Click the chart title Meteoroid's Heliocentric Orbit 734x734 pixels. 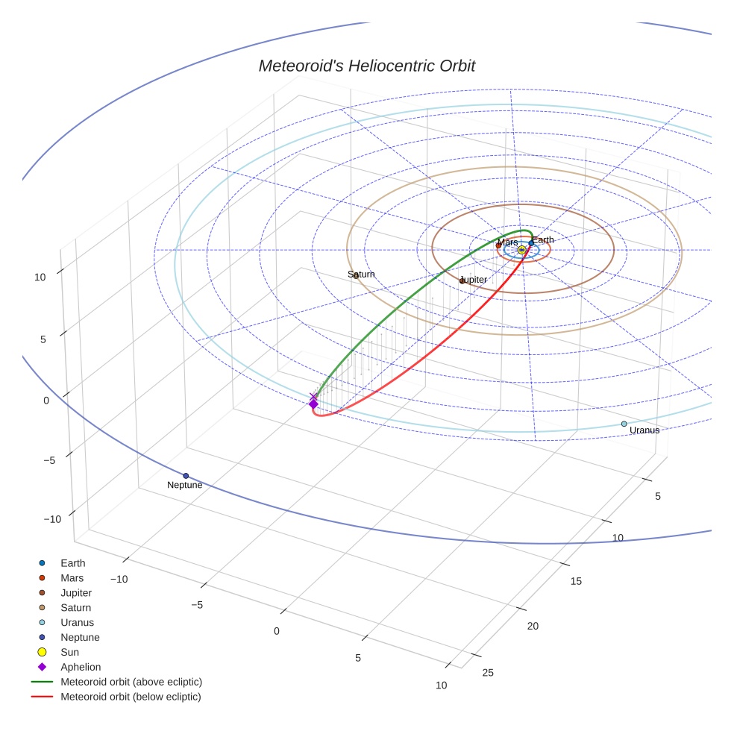coord(366,66)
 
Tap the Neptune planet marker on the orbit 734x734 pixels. coord(186,476)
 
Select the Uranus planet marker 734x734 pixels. coord(624,424)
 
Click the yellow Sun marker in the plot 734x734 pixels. coord(521,250)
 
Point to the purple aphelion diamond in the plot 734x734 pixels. coord(313,404)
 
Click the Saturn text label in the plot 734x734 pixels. coord(361,275)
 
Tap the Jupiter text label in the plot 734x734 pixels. coord(474,280)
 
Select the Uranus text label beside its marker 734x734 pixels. coord(644,430)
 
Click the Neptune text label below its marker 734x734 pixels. coord(184,486)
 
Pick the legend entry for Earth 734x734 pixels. coord(73,563)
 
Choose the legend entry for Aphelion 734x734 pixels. coord(81,667)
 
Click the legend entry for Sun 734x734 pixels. coord(69,652)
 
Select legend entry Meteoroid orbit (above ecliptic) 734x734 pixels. coord(131,682)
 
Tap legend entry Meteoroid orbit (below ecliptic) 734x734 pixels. coord(131,697)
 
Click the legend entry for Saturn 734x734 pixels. coord(76,608)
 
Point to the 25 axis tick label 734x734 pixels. coord(488,673)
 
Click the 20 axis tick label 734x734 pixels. coord(533,627)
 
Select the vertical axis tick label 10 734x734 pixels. coord(40,277)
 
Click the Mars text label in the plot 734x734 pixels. coord(507,242)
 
